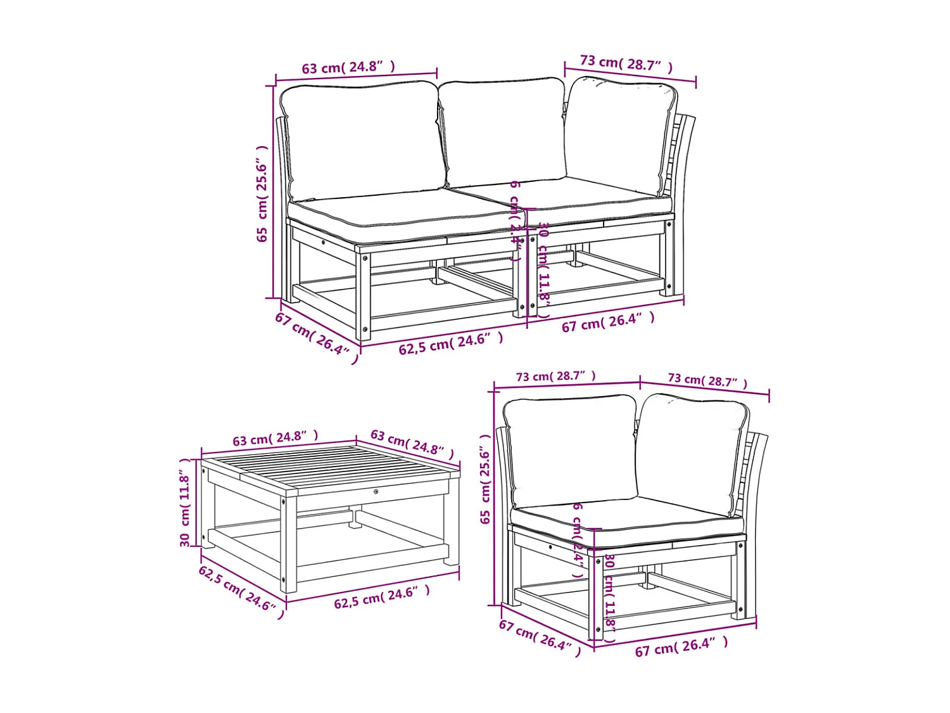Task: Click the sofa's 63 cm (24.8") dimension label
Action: point(348,67)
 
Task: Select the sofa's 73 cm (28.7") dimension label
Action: point(626,64)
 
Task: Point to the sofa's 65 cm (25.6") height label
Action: point(262,193)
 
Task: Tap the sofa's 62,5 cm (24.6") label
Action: point(451,344)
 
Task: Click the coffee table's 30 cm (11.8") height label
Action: point(185,503)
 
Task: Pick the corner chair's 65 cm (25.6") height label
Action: point(486,479)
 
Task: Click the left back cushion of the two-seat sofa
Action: point(361,139)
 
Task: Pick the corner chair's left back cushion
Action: point(570,450)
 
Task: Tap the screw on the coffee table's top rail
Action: point(376,491)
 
